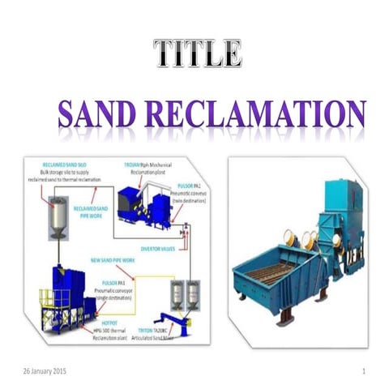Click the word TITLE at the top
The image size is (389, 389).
coord(198,54)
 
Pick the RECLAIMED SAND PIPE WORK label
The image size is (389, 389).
coord(91,212)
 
